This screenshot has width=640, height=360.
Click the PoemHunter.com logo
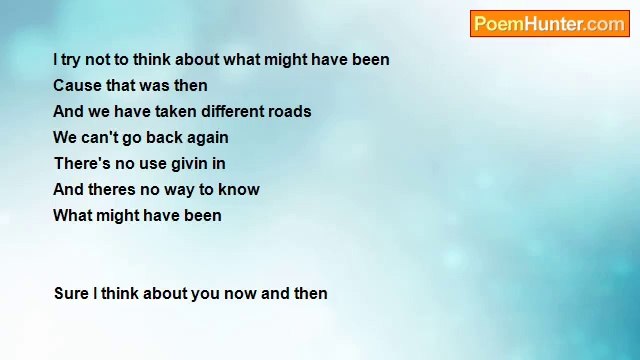coord(549,24)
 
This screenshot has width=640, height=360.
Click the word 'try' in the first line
coord(72,60)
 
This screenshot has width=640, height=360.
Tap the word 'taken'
coord(175,112)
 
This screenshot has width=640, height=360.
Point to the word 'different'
coord(232,112)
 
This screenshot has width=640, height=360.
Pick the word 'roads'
coord(290,112)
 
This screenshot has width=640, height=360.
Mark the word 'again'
coord(208,138)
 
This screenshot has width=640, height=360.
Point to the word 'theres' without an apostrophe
coord(111,190)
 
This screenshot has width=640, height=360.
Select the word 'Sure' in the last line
coord(71,294)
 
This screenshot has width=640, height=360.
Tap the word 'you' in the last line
coord(206,294)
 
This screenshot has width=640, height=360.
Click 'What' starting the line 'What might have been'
coord(72,216)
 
